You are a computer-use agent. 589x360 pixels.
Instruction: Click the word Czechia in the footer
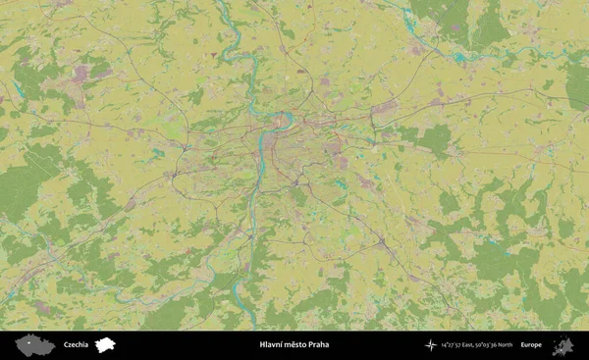click(x=76, y=344)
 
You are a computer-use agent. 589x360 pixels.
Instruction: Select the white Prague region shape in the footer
click(x=106, y=344)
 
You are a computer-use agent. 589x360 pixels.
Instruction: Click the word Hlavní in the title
click(x=272, y=344)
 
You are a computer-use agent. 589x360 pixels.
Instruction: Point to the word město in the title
click(x=295, y=344)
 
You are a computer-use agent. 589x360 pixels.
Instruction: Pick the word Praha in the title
click(x=319, y=344)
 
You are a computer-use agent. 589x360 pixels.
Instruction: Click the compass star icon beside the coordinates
click(x=430, y=344)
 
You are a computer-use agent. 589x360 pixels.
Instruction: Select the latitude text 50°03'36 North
click(x=496, y=344)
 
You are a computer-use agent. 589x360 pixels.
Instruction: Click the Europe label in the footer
click(x=531, y=344)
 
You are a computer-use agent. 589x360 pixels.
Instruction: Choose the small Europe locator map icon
click(x=562, y=345)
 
